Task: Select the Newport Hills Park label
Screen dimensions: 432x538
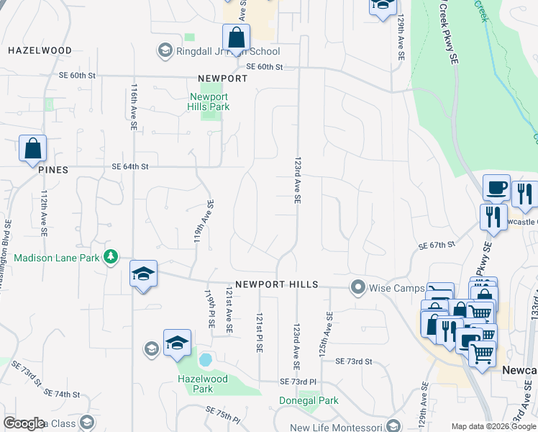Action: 209,102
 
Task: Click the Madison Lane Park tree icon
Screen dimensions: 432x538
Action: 110,256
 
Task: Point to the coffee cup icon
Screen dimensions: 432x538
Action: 496,188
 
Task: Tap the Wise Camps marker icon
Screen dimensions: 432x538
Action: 357,288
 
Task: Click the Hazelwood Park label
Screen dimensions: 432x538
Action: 203,384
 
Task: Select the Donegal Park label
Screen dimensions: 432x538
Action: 309,400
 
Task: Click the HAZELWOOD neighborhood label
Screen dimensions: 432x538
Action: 40,51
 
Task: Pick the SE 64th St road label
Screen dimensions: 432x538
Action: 130,166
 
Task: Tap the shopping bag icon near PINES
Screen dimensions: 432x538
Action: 33,148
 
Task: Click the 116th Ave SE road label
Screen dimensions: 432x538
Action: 134,106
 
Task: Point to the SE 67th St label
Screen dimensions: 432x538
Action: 437,246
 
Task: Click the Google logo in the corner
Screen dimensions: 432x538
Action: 24,423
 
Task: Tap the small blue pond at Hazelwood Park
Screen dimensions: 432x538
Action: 205,359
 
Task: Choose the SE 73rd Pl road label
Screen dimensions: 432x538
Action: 298,381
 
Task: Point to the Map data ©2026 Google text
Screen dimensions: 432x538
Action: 493,426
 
